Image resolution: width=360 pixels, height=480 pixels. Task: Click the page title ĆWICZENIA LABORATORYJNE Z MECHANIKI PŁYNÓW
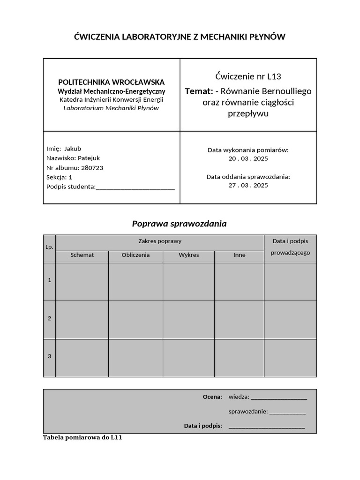(x=180, y=37)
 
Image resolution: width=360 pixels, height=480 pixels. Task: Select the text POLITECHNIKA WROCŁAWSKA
(x=111, y=82)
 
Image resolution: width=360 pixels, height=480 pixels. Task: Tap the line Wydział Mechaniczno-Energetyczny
(x=111, y=91)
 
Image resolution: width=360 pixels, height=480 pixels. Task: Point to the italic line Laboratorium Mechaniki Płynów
(x=111, y=108)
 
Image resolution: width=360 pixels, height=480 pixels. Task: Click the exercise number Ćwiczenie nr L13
(x=248, y=76)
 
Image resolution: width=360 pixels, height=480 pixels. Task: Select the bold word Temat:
(x=199, y=91)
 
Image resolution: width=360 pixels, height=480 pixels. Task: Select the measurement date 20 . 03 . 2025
(x=248, y=158)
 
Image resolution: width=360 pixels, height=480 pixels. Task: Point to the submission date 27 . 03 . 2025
(x=248, y=185)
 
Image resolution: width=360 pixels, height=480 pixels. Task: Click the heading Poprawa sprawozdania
(x=179, y=224)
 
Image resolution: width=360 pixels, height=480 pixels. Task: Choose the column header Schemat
(x=82, y=255)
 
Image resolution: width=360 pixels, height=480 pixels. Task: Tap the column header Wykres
(x=188, y=255)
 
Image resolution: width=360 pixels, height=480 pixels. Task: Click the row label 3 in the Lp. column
(x=49, y=356)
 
